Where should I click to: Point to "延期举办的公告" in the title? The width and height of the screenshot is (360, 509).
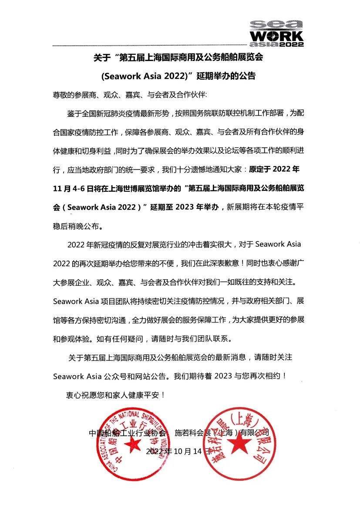pos(226,76)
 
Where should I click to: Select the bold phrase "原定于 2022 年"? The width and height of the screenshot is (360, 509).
pos(274,169)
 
